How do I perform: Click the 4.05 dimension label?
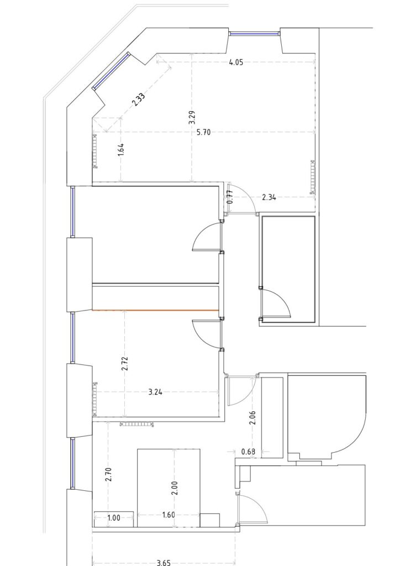click(x=236, y=62)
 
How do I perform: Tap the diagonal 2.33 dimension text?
click(x=139, y=99)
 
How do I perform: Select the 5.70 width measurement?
click(x=203, y=132)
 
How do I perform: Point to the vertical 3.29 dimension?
click(x=192, y=118)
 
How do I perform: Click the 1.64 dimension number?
click(x=121, y=150)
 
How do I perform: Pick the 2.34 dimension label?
click(x=269, y=197)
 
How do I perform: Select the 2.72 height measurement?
click(x=125, y=364)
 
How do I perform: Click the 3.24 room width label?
click(x=155, y=392)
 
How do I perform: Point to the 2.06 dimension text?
click(x=253, y=418)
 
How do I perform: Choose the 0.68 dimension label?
click(x=248, y=452)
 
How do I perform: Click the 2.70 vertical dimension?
click(x=109, y=474)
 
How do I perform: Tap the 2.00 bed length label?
click(x=176, y=488)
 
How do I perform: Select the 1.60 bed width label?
click(x=169, y=515)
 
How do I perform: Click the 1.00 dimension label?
click(x=114, y=518)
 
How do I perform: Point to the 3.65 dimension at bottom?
click(x=164, y=562)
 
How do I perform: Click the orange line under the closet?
click(x=156, y=310)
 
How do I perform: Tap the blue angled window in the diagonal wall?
click(x=110, y=71)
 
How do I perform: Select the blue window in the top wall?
click(x=254, y=34)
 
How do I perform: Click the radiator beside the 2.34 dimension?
click(x=312, y=177)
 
